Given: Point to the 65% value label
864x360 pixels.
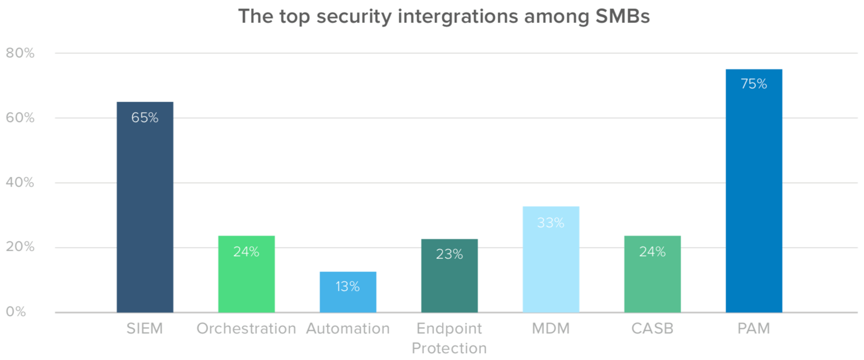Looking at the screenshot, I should [145, 118].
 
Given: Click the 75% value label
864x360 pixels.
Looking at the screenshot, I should [754, 84].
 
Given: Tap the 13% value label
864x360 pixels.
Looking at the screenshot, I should [348, 286].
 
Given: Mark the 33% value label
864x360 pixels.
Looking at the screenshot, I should [551, 223].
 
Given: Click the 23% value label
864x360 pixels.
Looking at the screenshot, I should [449, 254].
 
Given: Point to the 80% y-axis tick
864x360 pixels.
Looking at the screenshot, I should [20, 53].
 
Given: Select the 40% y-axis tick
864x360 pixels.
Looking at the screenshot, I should [20, 182].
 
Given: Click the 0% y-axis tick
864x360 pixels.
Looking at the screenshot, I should [16, 312].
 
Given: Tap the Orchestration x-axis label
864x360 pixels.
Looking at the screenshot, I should [246, 328].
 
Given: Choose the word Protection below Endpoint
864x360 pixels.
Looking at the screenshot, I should [449, 348].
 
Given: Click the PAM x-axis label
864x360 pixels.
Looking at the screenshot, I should [753, 328].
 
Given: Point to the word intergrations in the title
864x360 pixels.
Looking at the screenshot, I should [458, 16].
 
